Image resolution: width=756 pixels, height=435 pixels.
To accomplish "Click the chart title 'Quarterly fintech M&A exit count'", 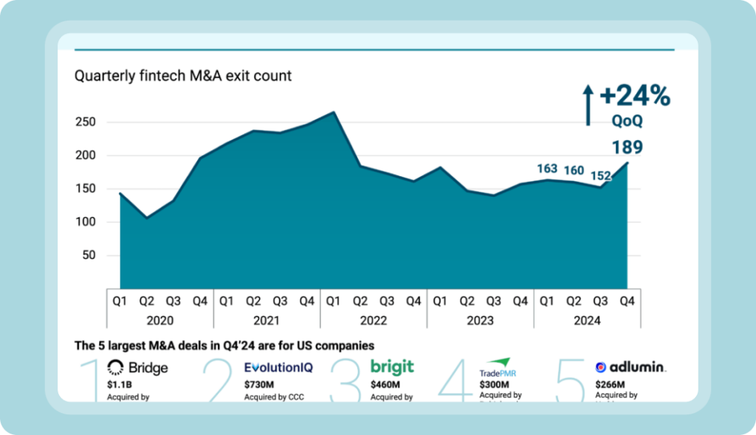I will (x=183, y=75).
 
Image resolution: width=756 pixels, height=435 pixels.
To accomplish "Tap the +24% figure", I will (x=634, y=96).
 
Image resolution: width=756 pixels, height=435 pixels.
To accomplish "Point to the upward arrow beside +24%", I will (x=588, y=105).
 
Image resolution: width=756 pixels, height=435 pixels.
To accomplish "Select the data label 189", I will (x=627, y=147).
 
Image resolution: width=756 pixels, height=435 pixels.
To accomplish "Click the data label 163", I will (x=547, y=169).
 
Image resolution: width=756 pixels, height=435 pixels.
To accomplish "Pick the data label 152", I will (x=600, y=176).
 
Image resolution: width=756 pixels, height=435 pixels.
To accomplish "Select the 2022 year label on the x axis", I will (x=374, y=321).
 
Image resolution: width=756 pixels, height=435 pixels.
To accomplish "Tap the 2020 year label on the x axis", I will (x=160, y=321).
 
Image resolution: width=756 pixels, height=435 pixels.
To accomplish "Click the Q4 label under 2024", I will (x=628, y=301).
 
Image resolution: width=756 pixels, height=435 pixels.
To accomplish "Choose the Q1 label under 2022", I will (x=334, y=301).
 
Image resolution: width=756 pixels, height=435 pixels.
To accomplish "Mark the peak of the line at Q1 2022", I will (x=334, y=112).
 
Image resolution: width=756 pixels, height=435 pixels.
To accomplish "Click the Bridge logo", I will (x=137, y=367).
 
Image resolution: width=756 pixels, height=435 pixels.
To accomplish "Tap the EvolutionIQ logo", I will (x=280, y=367).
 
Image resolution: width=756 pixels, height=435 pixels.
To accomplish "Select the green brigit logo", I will (x=392, y=366).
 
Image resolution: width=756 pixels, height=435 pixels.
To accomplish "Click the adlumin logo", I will (x=630, y=367).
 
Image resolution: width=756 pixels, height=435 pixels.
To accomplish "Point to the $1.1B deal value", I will (x=119, y=384).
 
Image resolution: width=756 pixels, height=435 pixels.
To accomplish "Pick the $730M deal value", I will (x=258, y=384).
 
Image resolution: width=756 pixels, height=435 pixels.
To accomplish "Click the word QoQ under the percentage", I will (x=626, y=120).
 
